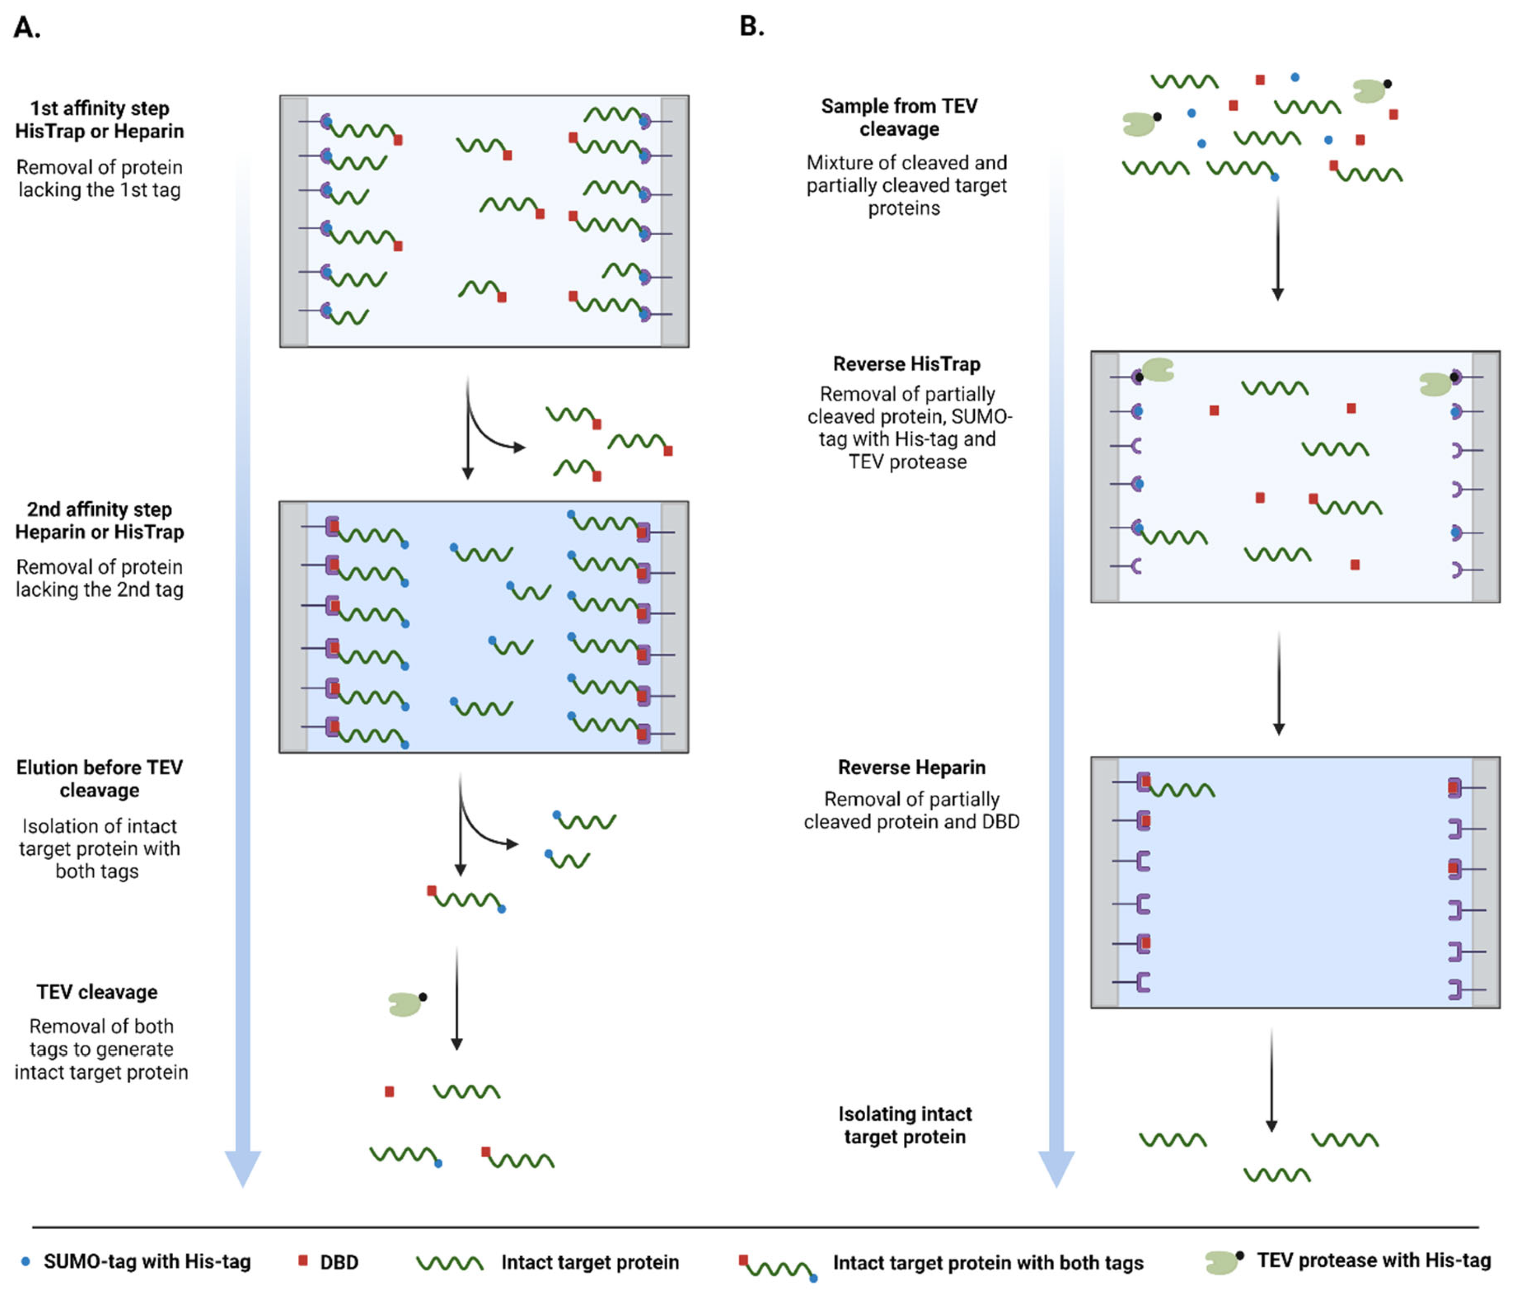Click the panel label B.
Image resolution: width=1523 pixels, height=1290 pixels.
pyautogui.click(x=751, y=26)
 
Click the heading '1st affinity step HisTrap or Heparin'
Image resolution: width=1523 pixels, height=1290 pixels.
pyautogui.click(x=99, y=120)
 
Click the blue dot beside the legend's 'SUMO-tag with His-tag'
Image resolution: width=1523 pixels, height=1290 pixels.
pyautogui.click(x=25, y=1262)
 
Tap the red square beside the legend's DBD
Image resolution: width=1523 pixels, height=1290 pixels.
pyautogui.click(x=303, y=1261)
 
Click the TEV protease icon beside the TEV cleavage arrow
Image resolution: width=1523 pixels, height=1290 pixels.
pyautogui.click(x=406, y=1003)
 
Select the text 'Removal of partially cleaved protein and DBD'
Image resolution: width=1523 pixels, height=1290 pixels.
pyautogui.click(x=911, y=810)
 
